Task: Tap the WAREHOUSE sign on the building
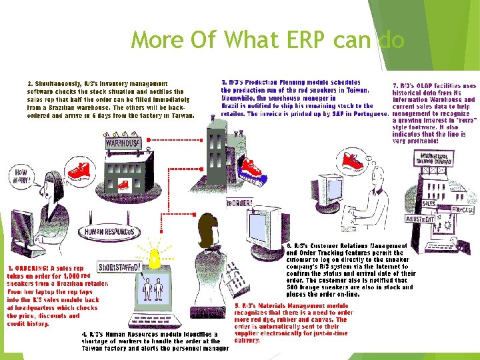pyautogui.click(x=122, y=143)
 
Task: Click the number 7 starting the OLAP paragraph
pyautogui.click(x=396, y=85)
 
